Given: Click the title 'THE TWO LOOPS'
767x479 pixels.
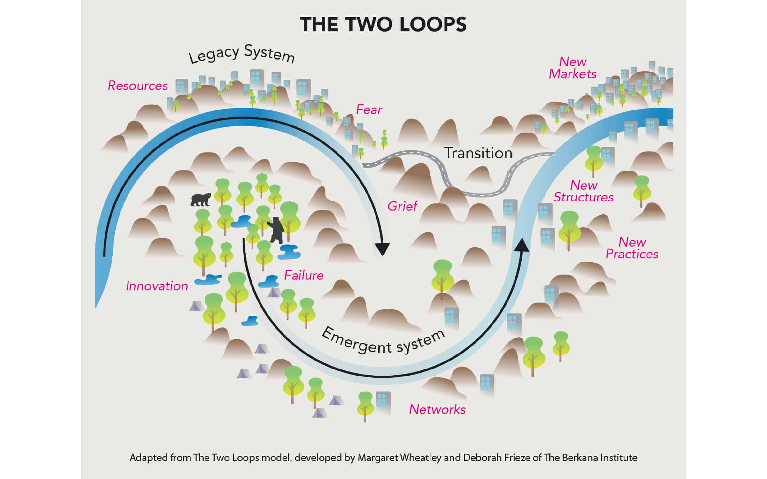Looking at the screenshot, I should pyautogui.click(x=383, y=25).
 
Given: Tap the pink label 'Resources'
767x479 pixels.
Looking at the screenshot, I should pyautogui.click(x=138, y=86).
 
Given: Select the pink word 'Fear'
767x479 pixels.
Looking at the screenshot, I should pyautogui.click(x=369, y=110).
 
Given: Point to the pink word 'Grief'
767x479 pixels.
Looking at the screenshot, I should pyautogui.click(x=402, y=206).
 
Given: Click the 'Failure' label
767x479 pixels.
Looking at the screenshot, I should pyautogui.click(x=304, y=275).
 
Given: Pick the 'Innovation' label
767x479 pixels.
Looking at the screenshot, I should pyautogui.click(x=157, y=286).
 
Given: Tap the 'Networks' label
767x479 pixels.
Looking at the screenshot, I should pyautogui.click(x=437, y=409).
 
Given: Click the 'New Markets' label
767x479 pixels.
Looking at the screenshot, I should pyautogui.click(x=572, y=68).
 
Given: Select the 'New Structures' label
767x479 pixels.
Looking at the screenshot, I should pyautogui.click(x=584, y=191).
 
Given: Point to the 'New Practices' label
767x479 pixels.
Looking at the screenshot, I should pyautogui.click(x=632, y=248).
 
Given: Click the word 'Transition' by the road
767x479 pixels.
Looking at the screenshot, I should pyautogui.click(x=478, y=153).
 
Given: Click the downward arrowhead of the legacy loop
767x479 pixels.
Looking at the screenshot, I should pyautogui.click(x=382, y=249).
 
